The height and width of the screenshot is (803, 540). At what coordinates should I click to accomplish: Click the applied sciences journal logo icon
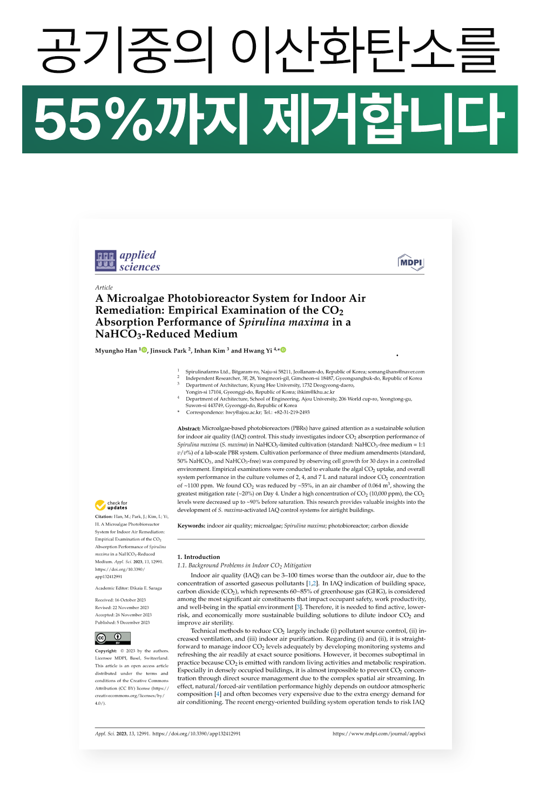point(105,260)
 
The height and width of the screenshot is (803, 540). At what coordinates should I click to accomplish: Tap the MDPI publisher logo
point(411,262)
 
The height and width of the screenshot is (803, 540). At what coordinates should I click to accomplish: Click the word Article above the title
point(104,287)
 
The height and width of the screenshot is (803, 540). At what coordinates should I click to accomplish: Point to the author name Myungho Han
point(116,350)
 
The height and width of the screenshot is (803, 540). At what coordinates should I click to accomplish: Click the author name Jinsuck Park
point(168,350)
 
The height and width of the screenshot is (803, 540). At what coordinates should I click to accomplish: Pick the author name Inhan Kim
point(210,350)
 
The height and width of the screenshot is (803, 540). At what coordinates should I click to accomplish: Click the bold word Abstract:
point(188,428)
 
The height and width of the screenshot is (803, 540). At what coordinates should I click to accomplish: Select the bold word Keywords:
point(191,525)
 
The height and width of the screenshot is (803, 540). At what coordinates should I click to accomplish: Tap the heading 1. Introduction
point(199,557)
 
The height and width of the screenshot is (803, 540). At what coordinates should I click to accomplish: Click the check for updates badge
point(111,505)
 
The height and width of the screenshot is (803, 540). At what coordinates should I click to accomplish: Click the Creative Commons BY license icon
point(113,638)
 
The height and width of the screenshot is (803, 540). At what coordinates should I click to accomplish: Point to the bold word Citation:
point(104,516)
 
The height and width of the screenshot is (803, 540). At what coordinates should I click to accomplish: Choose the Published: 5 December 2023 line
point(123,623)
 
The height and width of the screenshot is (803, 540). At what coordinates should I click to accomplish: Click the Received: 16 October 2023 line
point(120,600)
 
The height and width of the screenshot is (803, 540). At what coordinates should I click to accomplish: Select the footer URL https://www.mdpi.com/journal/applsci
point(379,733)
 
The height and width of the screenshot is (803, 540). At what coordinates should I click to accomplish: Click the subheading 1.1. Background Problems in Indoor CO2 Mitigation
point(244,565)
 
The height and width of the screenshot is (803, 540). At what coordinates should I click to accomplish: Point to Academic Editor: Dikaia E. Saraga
point(129,588)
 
